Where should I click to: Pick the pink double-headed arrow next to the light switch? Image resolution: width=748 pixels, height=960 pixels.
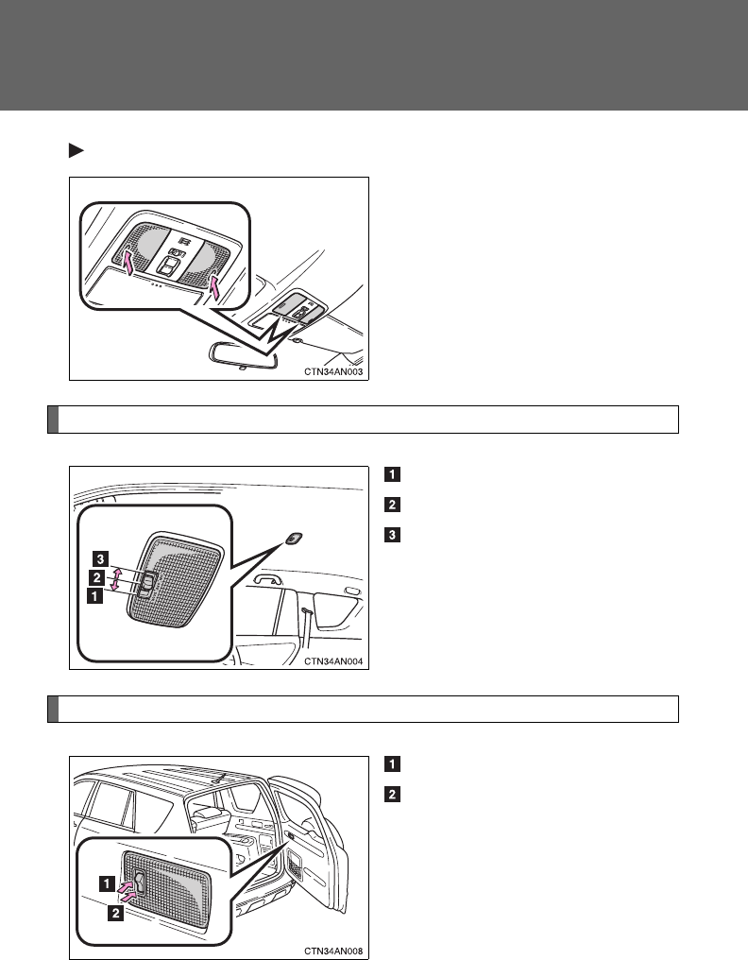(x=116, y=579)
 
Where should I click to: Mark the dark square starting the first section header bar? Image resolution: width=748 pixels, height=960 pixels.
(x=53, y=420)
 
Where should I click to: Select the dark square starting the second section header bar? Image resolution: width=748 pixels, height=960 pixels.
(x=53, y=709)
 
